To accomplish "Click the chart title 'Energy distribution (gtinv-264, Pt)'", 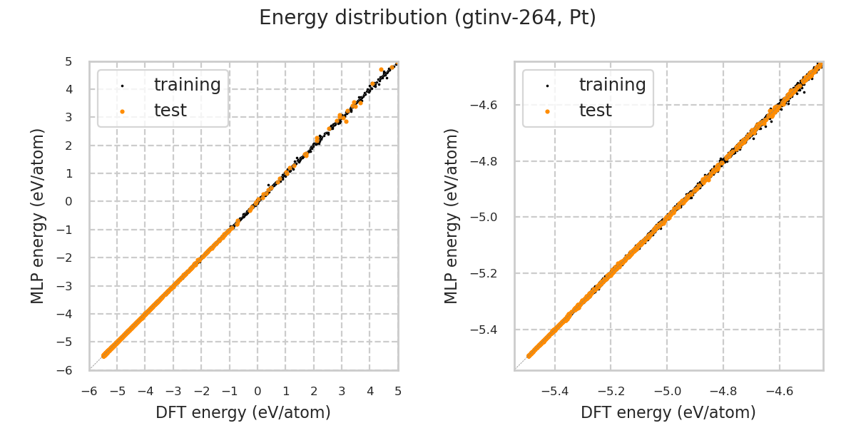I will point(427,18).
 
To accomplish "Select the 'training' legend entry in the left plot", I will point(187,85).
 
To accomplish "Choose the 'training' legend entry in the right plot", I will point(612,85).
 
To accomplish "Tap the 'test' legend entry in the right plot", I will point(595,111).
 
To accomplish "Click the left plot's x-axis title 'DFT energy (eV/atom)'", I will point(243,412).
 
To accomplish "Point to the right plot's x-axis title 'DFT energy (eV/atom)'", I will point(668,412).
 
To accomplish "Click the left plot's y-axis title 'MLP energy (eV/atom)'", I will point(38,215).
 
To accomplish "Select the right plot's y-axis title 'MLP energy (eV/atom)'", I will point(452,215).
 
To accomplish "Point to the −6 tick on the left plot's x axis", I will point(89,392).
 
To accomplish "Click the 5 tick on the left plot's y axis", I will point(68,62).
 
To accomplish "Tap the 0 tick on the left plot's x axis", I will point(258,392).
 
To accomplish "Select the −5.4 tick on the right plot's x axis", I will point(554,392).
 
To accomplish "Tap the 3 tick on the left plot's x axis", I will point(342,392).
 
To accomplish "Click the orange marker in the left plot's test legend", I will point(122,111).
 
